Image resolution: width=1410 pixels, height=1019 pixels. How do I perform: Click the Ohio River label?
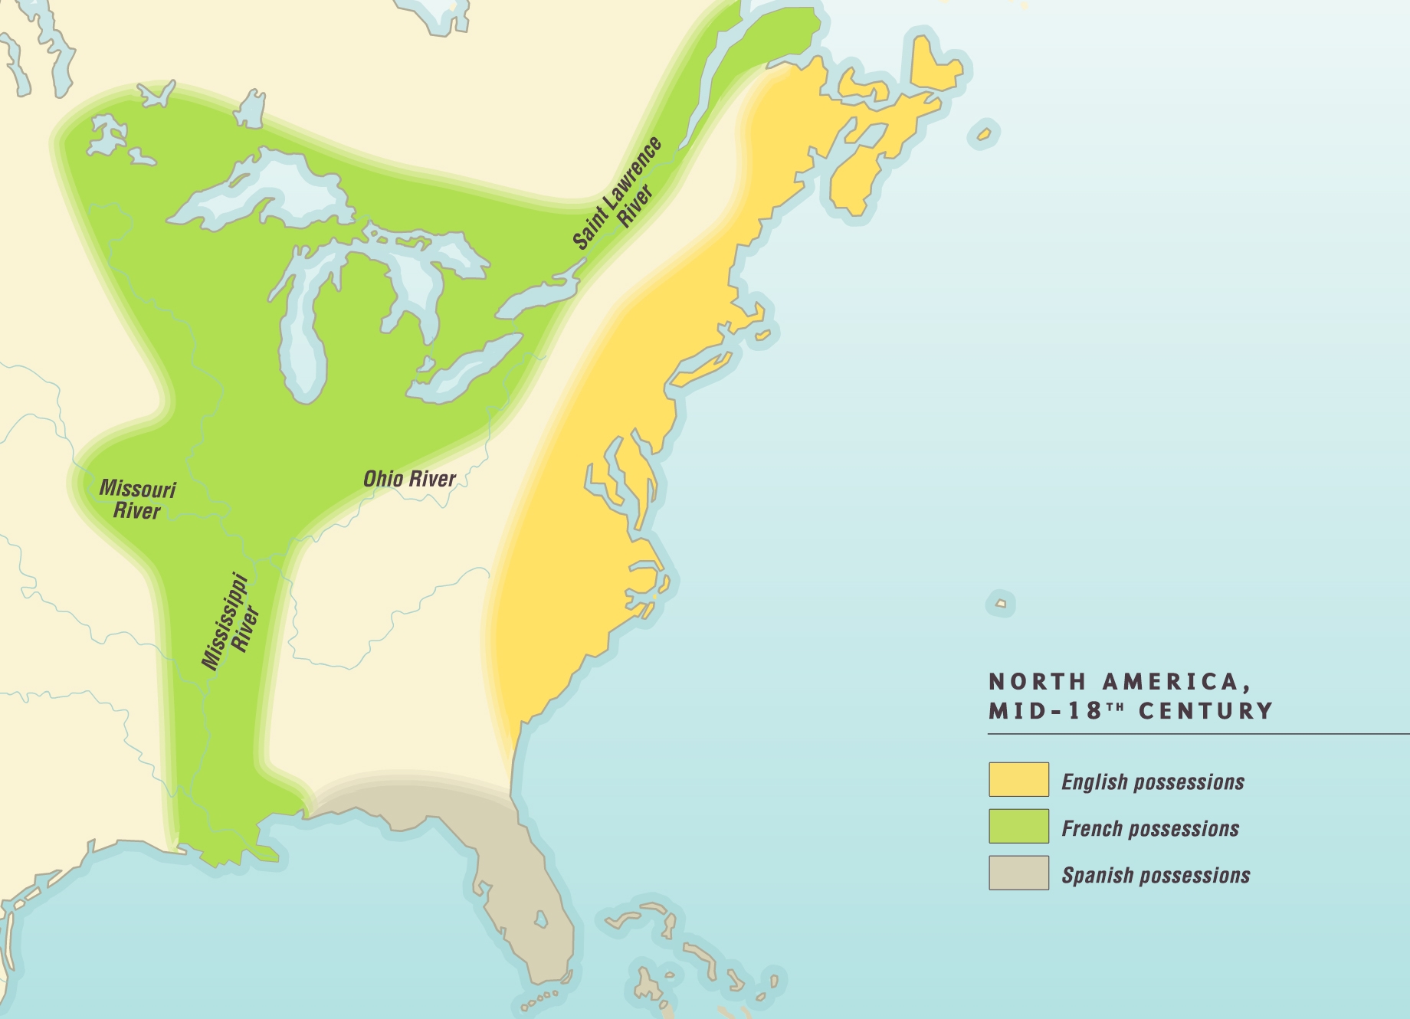pyautogui.click(x=409, y=479)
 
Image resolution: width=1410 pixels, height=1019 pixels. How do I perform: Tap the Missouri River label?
pyautogui.click(x=137, y=500)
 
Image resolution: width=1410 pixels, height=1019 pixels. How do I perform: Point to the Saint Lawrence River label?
pyautogui.click(x=618, y=195)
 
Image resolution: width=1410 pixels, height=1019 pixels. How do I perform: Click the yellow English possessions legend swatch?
pyautogui.click(x=1018, y=779)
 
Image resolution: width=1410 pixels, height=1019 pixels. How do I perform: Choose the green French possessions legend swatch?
pyautogui.click(x=1018, y=826)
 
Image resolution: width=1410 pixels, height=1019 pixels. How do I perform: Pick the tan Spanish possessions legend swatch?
pyautogui.click(x=1018, y=873)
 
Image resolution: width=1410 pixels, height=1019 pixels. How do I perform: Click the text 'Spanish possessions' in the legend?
pyautogui.click(x=1156, y=875)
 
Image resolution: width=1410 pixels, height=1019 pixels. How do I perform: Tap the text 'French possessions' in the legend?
pyautogui.click(x=1150, y=828)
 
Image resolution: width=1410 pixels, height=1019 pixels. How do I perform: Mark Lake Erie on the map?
pyautogui.click(x=467, y=368)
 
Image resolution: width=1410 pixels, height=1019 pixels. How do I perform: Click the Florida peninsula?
pyautogui.click(x=529, y=904)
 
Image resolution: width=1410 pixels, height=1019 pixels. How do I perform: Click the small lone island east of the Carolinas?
pyautogui.click(x=1000, y=604)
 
